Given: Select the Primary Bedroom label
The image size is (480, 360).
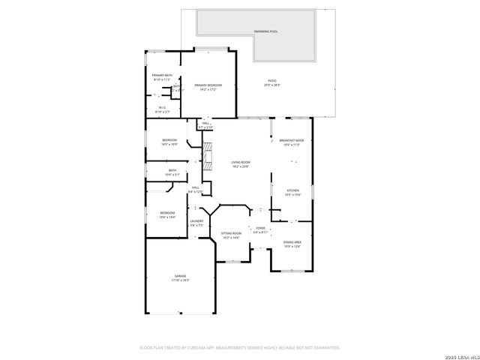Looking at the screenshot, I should click(x=208, y=85).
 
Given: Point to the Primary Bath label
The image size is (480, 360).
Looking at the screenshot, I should click(x=163, y=75).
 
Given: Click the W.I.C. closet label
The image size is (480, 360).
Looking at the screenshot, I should click(x=162, y=107).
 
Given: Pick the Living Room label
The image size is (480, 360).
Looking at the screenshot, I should click(x=241, y=162).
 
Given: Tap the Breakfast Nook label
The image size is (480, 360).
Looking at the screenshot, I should click(x=292, y=140).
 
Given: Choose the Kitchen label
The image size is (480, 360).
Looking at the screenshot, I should click(x=293, y=190).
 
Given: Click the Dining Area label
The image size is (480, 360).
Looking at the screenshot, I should click(x=292, y=241).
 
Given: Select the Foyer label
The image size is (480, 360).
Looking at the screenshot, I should click(x=260, y=228).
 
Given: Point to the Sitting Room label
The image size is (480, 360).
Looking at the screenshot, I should click(x=231, y=233).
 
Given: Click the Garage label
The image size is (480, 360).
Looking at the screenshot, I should click(x=181, y=276).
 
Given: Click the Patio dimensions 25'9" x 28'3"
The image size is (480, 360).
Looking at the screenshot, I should click(x=271, y=85).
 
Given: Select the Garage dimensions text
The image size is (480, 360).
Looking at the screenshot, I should click(x=181, y=280).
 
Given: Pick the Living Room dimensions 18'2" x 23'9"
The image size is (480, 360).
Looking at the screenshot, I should click(x=241, y=166).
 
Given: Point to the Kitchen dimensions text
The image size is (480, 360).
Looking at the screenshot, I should click(x=293, y=195).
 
